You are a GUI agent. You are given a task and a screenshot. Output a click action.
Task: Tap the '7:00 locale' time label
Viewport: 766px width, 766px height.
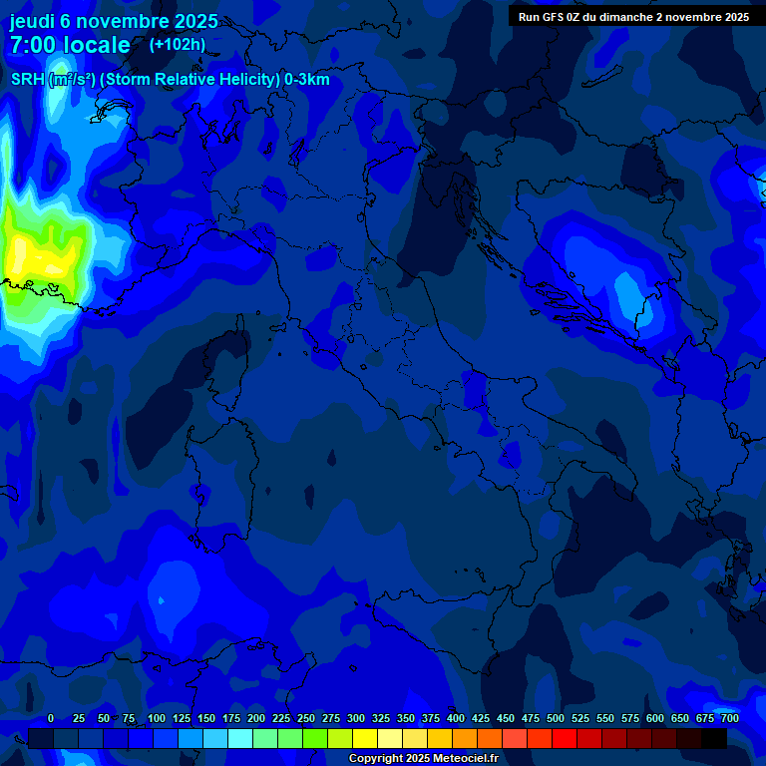pos(70,45)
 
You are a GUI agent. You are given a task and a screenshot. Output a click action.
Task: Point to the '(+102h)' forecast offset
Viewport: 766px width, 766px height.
pos(177,44)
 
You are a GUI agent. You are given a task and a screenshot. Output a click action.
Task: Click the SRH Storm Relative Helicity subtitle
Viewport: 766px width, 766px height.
pos(170,80)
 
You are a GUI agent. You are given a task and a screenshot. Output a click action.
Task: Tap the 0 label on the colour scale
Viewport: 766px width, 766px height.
pos(51,718)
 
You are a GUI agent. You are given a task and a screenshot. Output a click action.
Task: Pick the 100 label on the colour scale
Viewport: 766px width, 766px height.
pos(157,718)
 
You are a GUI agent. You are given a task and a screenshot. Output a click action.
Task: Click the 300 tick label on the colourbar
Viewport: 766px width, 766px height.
pos(356,718)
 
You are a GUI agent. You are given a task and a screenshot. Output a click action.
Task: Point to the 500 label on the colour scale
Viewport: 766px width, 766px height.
pos(556,718)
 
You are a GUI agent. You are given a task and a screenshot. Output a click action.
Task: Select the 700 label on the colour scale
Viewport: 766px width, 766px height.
pos(730,718)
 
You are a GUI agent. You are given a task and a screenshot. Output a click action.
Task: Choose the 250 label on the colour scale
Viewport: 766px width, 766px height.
pos(306,718)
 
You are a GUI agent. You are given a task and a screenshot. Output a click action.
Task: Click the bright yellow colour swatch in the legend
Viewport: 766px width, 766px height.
pos(365,738)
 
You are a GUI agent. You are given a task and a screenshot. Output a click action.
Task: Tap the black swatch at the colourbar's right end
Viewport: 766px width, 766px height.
pos(714,738)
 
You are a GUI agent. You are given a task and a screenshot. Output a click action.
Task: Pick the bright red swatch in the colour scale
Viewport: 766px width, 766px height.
pos(565,738)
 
